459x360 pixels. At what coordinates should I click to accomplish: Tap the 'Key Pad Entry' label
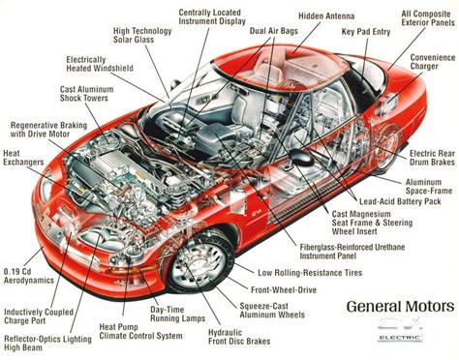coord(367,31)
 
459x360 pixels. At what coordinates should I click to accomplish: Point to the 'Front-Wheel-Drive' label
coord(287,289)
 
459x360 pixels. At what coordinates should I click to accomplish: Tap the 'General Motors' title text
coord(399,307)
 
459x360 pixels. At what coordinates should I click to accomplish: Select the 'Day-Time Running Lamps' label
coord(173,315)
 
